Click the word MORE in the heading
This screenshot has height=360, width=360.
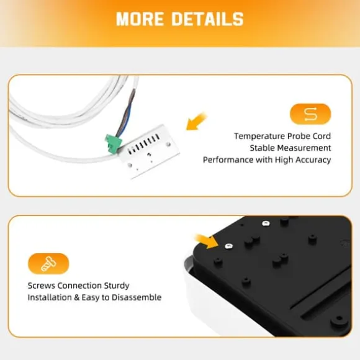140,19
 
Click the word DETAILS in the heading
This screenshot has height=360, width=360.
208,19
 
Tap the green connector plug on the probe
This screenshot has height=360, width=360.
113,143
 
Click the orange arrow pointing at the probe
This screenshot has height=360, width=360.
197,121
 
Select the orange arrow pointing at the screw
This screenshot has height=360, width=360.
207,241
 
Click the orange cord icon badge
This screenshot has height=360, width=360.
310,114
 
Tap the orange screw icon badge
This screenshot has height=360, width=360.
48,264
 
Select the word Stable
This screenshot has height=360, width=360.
262,148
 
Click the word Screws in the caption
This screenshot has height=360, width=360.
42,286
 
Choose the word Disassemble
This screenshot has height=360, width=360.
137,297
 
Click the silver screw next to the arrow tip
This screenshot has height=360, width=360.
228,246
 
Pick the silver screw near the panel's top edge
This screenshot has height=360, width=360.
266,223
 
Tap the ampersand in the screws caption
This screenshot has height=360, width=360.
76,297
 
